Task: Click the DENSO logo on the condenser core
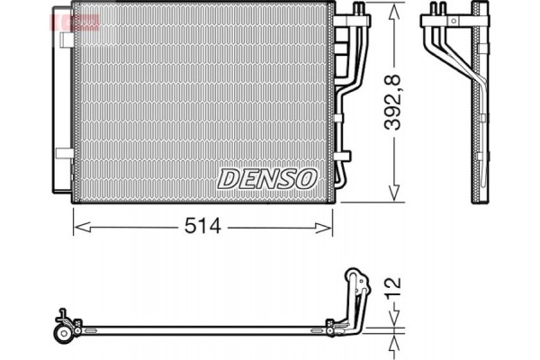click(x=268, y=176)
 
